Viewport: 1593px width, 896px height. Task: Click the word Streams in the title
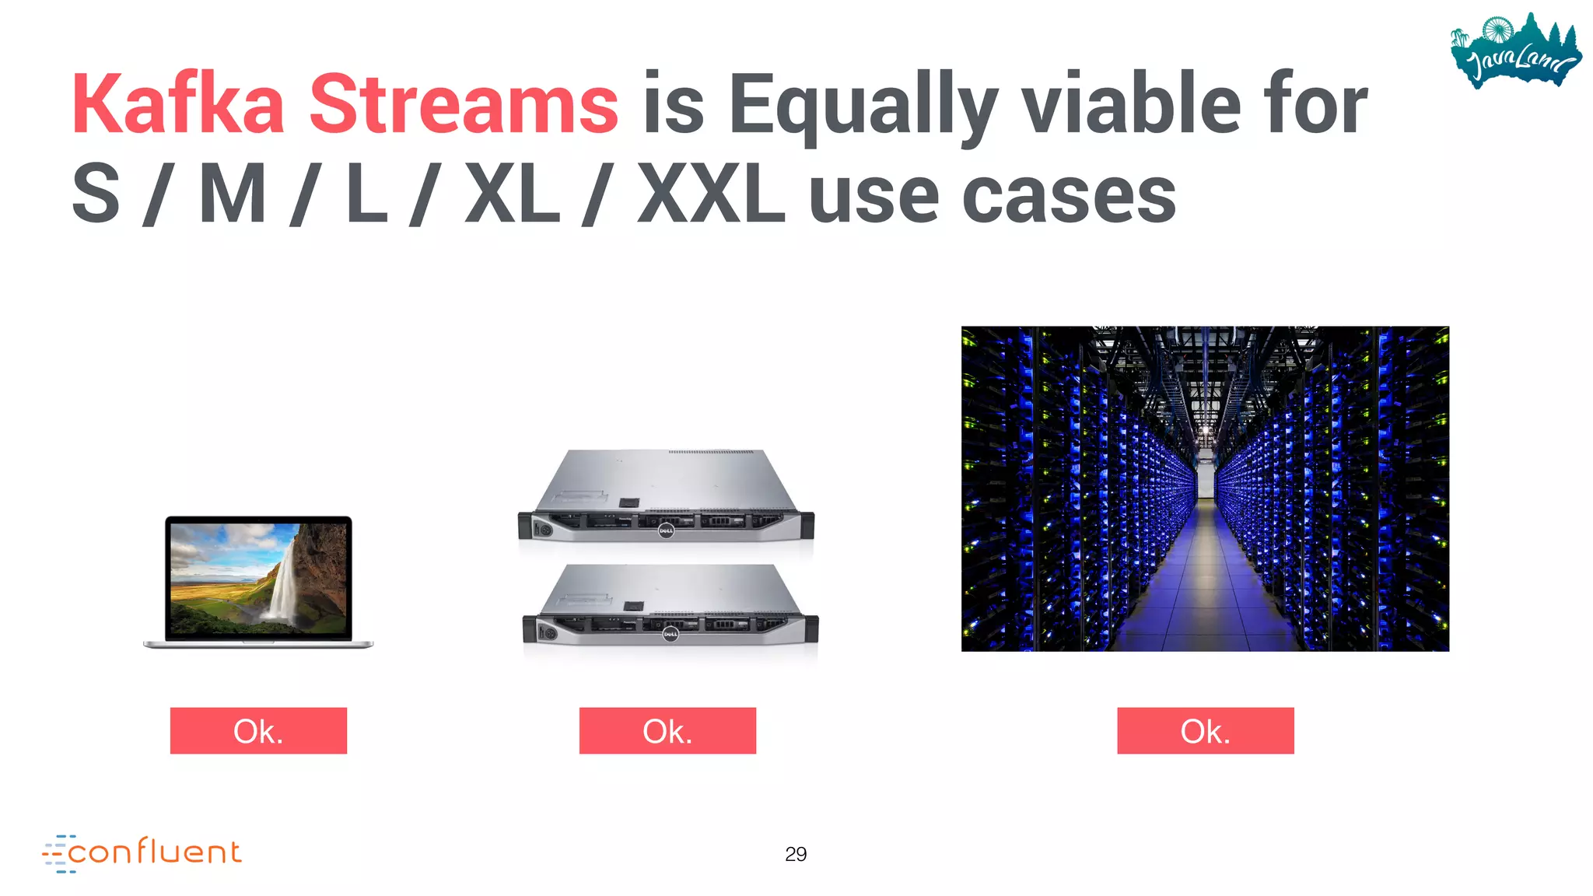pos(464,105)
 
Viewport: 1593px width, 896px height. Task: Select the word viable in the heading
pos(1130,105)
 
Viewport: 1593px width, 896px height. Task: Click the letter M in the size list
pos(233,194)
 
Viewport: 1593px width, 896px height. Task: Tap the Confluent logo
pos(142,852)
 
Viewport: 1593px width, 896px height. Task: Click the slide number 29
pos(796,854)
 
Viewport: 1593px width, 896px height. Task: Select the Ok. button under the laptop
pos(258,730)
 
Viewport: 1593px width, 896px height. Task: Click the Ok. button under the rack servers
pos(667,730)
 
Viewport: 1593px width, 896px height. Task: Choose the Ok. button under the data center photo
pos(1205,730)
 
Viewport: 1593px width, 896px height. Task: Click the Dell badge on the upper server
pos(666,530)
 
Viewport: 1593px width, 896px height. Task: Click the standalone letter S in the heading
pos(96,194)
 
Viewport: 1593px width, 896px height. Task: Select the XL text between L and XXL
pos(512,194)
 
